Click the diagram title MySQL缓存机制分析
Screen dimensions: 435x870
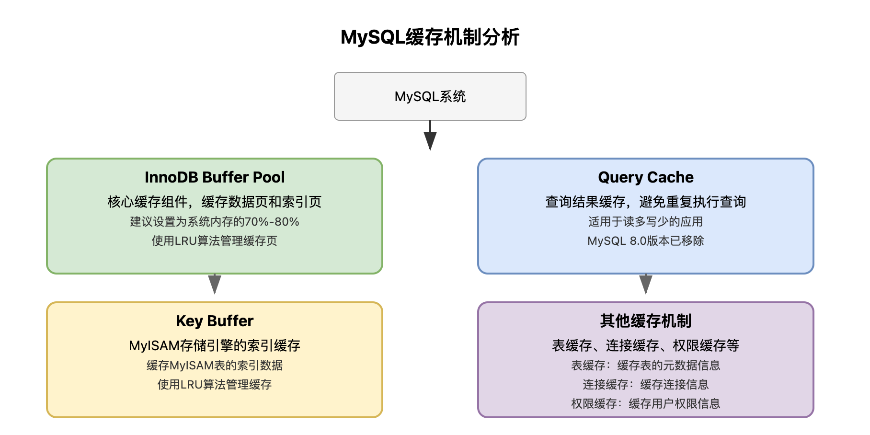[430, 37]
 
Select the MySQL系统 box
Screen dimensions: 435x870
[430, 96]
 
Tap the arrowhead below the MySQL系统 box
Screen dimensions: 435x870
[430, 140]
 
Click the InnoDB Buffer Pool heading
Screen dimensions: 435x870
[215, 177]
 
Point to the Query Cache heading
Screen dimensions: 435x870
[645, 177]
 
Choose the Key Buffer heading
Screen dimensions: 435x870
[215, 321]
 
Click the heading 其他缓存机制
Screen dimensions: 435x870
[645, 321]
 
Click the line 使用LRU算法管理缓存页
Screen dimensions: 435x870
[215, 241]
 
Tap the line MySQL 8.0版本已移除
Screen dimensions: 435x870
[645, 241]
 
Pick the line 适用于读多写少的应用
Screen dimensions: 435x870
[645, 222]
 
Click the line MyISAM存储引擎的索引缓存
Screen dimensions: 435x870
[215, 345]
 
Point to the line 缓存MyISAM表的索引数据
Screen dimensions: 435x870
[215, 366]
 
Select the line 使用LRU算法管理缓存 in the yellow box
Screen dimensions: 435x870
[215, 385]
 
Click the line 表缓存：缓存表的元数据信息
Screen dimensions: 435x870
[645, 366]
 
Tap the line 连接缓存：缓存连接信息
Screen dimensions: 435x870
[645, 385]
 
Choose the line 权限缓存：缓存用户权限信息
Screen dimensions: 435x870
[645, 404]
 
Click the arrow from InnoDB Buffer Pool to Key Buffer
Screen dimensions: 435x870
[215, 285]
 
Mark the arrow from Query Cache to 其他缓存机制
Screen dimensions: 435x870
[646, 285]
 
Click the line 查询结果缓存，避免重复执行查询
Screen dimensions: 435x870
[645, 202]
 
